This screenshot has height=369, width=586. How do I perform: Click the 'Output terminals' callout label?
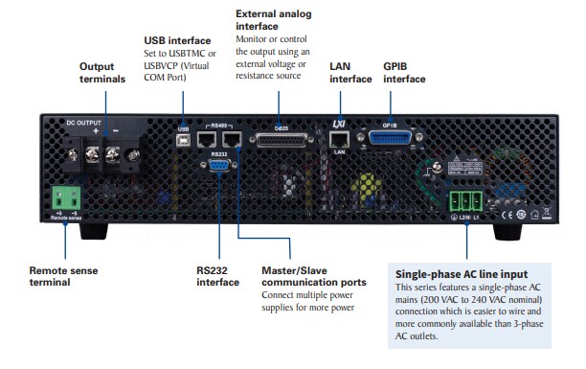pyautogui.click(x=101, y=73)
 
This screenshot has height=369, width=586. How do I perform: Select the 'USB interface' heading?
pyautogui.click(x=177, y=41)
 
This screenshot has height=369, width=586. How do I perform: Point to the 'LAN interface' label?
pyautogui.click(x=349, y=73)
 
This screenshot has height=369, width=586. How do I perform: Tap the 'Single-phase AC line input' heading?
pyautogui.click(x=462, y=273)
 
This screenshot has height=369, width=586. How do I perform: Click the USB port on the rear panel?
pyautogui.click(x=182, y=139)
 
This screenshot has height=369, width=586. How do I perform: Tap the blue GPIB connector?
pyautogui.click(x=389, y=140)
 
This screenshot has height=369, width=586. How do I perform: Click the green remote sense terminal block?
pyautogui.click(x=65, y=197)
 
